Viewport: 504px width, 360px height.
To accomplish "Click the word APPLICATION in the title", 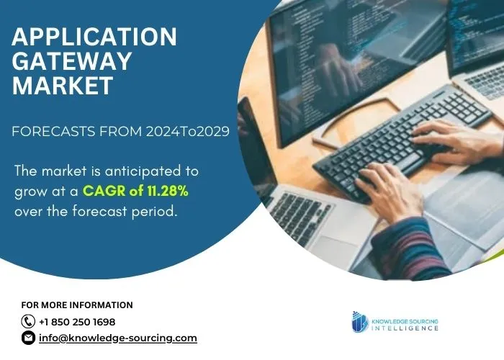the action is (x=94, y=36).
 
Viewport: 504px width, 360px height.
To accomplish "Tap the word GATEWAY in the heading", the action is (x=72, y=60).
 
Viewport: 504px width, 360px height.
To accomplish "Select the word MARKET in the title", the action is (x=63, y=85).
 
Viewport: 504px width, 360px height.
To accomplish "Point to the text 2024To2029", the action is (x=188, y=132).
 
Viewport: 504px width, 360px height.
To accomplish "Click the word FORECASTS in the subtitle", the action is (x=53, y=132).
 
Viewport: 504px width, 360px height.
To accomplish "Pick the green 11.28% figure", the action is (x=168, y=191).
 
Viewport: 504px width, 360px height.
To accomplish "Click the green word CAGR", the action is (x=104, y=191).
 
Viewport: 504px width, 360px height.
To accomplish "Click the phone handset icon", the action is (x=28, y=321).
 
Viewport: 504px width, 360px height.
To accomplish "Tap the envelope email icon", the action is (x=28, y=338).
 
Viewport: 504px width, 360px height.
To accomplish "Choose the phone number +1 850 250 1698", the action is (x=77, y=322).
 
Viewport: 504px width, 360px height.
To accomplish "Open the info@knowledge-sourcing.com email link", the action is (x=118, y=338).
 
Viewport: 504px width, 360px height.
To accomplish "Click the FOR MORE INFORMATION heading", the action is (x=77, y=305).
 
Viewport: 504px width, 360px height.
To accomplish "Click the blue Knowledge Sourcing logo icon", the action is (x=360, y=322).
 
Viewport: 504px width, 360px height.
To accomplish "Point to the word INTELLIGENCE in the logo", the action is (x=405, y=328).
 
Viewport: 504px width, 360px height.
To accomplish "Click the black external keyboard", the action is (x=402, y=141).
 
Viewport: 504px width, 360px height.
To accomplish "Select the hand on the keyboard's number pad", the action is (x=456, y=141).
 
